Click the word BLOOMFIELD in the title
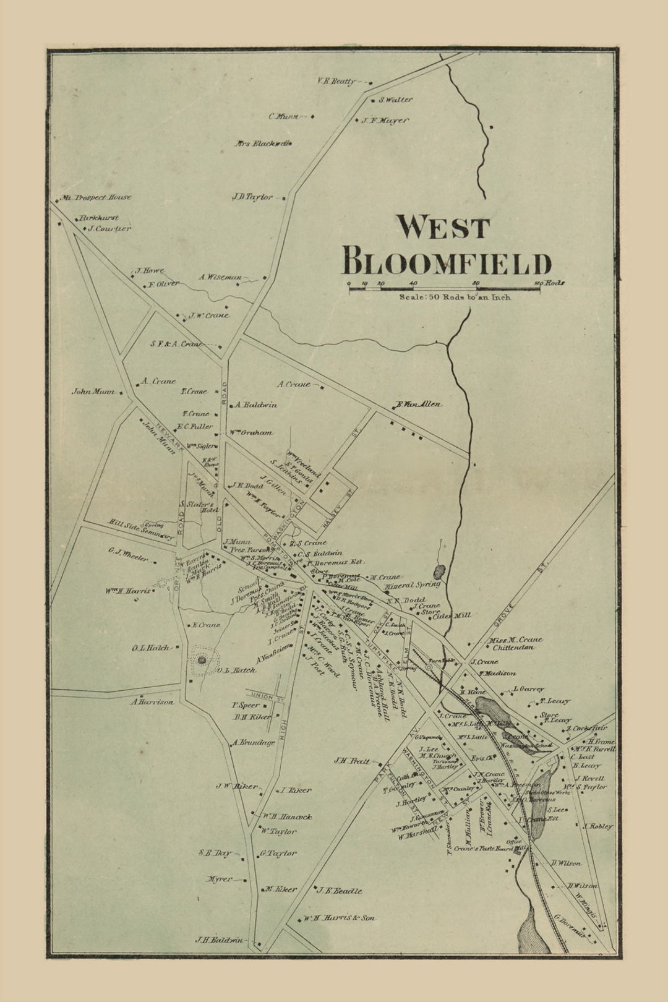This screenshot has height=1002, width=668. click(x=446, y=262)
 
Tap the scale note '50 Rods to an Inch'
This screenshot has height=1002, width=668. click(x=455, y=297)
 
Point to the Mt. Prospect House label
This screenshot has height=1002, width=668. click(x=96, y=197)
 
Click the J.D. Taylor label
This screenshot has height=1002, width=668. click(x=252, y=197)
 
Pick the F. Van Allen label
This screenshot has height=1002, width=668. click(x=419, y=405)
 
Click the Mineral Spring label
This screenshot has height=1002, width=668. click(x=413, y=584)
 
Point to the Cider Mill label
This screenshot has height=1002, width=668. click(x=452, y=615)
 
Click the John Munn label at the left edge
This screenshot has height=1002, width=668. click(x=93, y=392)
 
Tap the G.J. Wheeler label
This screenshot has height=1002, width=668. click(x=128, y=555)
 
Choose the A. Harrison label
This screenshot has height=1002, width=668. click(x=152, y=702)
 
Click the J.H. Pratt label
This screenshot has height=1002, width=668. click(x=351, y=761)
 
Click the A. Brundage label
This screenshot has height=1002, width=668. click(x=254, y=743)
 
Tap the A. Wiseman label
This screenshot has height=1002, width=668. click(x=220, y=278)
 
